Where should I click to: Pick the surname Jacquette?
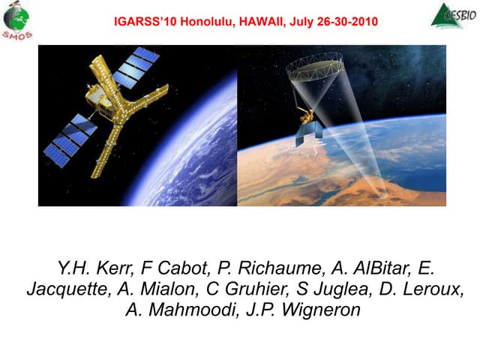tap(64, 289)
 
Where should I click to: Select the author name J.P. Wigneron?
tap(303, 310)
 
